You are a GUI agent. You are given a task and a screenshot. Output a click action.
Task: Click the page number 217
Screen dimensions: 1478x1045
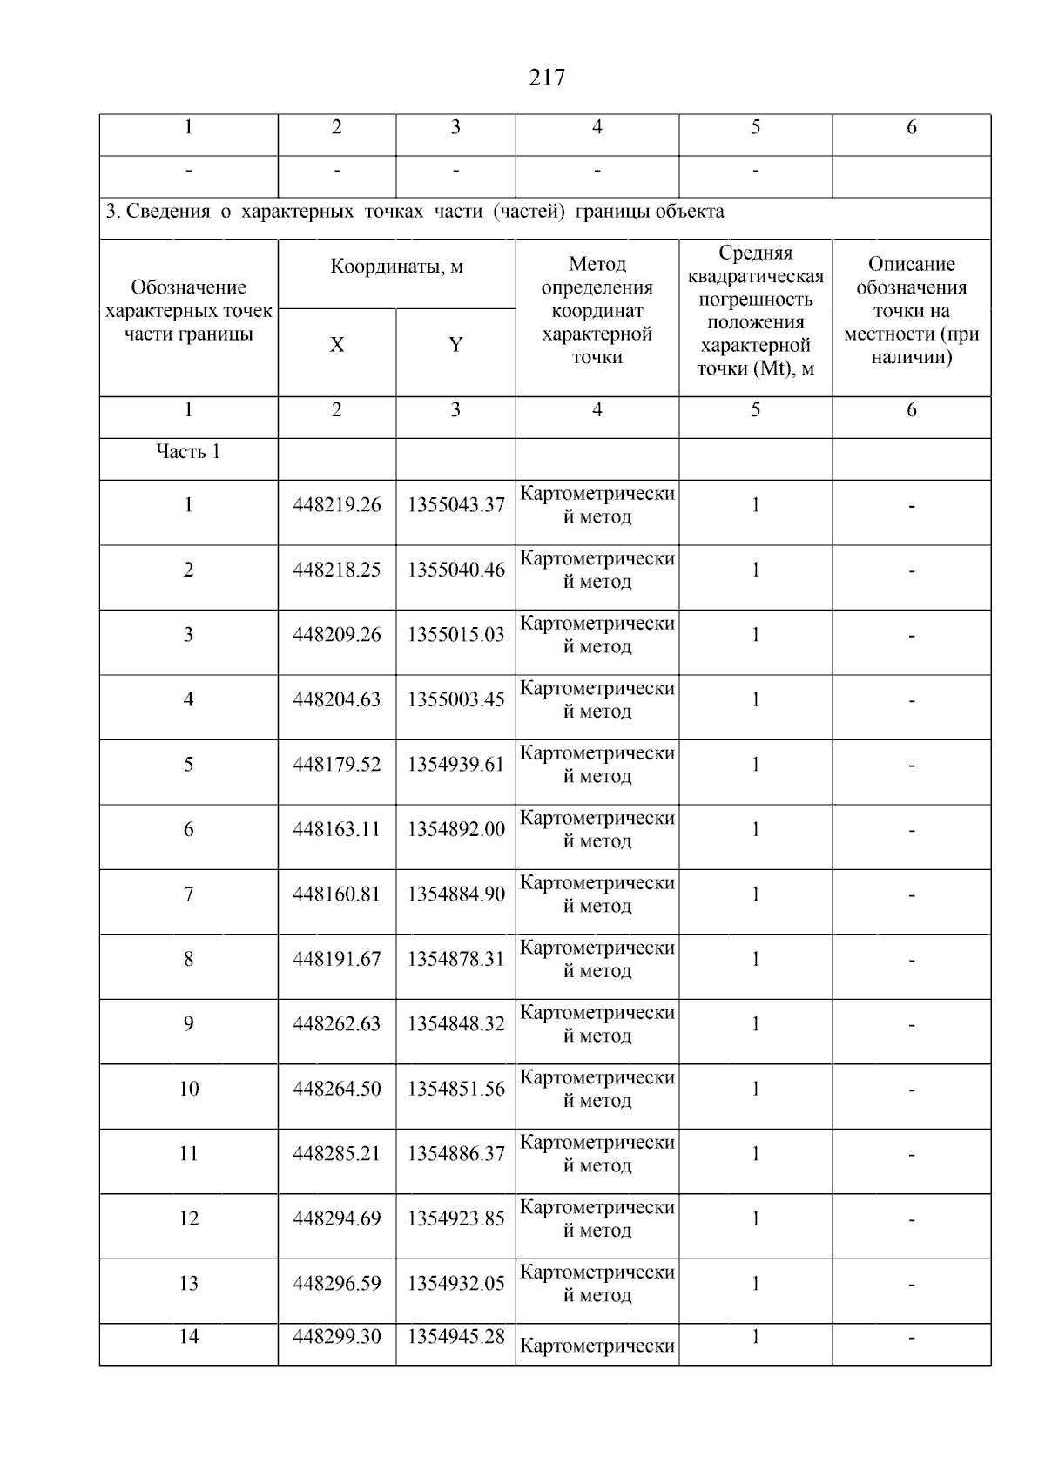coord(547,78)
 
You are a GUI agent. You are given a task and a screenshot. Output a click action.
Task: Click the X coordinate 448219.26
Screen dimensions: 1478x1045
coord(337,505)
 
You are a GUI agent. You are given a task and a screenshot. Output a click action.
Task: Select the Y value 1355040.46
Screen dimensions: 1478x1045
coord(455,570)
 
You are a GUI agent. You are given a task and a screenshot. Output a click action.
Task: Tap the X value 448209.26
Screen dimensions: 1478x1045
coord(337,635)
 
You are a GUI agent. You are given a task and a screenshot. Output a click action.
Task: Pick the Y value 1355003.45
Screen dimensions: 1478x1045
coord(455,700)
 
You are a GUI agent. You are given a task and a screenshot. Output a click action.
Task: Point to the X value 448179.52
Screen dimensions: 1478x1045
coord(337,765)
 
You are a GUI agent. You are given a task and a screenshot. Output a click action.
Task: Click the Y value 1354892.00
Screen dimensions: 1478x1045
coord(455,830)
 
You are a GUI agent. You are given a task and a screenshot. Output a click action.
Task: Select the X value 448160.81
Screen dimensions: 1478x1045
coord(337,894)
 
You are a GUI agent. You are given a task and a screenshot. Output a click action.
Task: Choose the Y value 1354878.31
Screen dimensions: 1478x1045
coord(455,960)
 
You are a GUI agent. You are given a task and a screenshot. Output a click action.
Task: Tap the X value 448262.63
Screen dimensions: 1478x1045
coord(337,1024)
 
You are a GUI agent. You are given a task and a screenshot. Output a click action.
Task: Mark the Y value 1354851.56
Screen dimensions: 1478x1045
coord(455,1090)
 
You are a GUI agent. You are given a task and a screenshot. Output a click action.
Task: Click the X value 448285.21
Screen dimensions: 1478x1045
coord(337,1154)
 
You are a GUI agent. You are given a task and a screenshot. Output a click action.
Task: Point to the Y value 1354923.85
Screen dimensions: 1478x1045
coord(455,1219)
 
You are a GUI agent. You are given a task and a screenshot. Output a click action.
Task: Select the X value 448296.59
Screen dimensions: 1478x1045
coord(337,1284)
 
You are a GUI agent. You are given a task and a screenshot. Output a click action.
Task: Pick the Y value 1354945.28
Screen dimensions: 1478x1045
coord(455,1337)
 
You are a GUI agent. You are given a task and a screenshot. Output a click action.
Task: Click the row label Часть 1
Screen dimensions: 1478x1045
coord(188,452)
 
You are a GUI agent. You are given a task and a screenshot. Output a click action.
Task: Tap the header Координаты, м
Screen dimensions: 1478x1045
coord(396,267)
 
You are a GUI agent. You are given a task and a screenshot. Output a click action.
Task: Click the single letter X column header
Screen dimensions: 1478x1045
coord(337,345)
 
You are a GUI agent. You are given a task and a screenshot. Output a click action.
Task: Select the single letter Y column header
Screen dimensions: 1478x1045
coord(455,345)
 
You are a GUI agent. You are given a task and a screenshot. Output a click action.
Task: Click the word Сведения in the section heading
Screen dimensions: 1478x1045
coord(168,212)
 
